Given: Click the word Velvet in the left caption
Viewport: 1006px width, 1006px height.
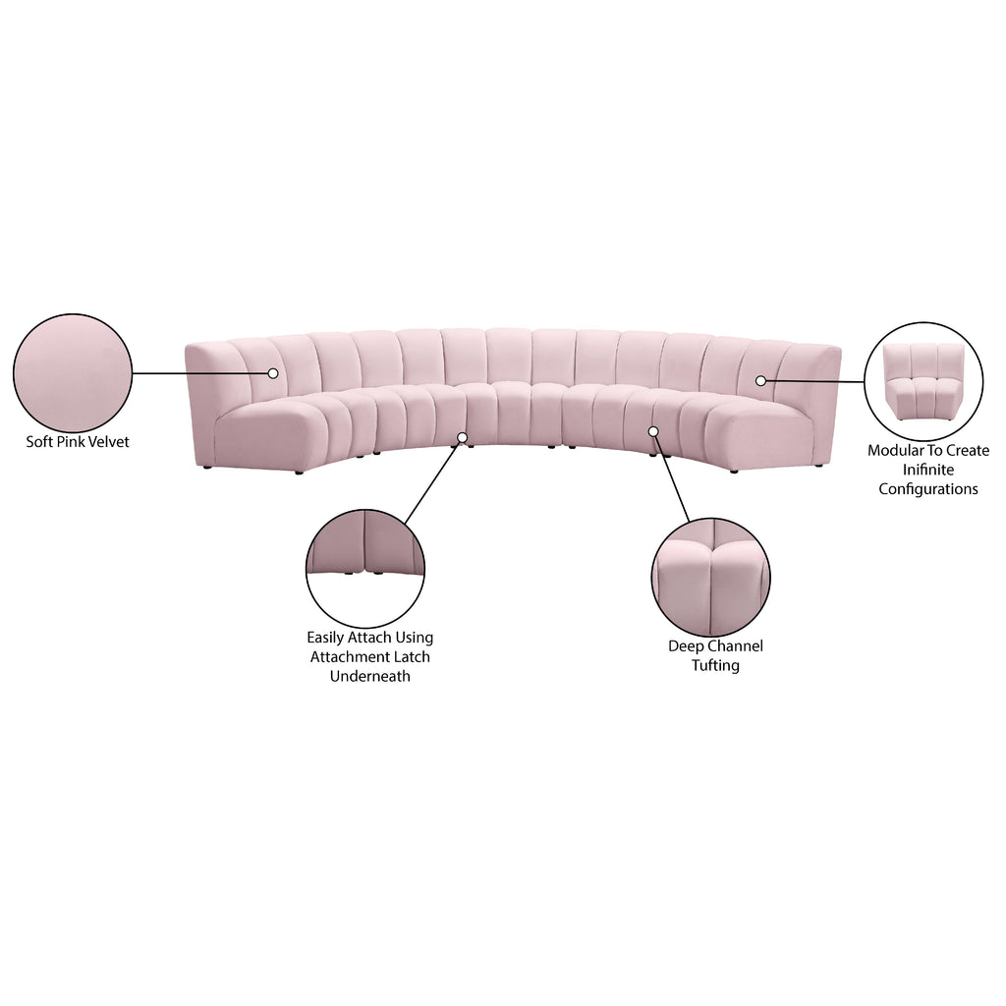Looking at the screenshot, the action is tap(109, 441).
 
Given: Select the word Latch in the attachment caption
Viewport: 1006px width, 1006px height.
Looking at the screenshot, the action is tap(412, 656).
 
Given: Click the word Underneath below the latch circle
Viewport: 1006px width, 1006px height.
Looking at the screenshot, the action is tap(369, 676).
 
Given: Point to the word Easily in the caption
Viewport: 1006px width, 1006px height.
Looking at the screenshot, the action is tap(326, 638).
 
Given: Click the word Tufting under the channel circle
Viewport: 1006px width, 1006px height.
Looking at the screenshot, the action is tap(715, 665).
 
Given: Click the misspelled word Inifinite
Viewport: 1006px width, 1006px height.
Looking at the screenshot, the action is tap(927, 470).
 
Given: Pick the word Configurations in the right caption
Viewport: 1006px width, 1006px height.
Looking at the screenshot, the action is tap(927, 489).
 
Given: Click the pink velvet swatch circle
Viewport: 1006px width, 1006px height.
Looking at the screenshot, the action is tap(73, 372).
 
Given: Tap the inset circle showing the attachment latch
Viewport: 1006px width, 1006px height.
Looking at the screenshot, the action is tap(365, 569).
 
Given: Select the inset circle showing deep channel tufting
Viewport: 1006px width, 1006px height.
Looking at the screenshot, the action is tap(711, 578).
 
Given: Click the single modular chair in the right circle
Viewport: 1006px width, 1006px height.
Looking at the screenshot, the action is tap(923, 381).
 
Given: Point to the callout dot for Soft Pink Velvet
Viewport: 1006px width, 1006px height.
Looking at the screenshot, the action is tap(273, 372).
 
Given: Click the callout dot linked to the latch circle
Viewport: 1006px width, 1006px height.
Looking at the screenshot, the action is tap(462, 437).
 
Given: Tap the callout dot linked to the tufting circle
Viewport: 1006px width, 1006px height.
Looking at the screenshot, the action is tap(653, 431).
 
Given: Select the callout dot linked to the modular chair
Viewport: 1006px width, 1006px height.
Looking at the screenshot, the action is tap(760, 380).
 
